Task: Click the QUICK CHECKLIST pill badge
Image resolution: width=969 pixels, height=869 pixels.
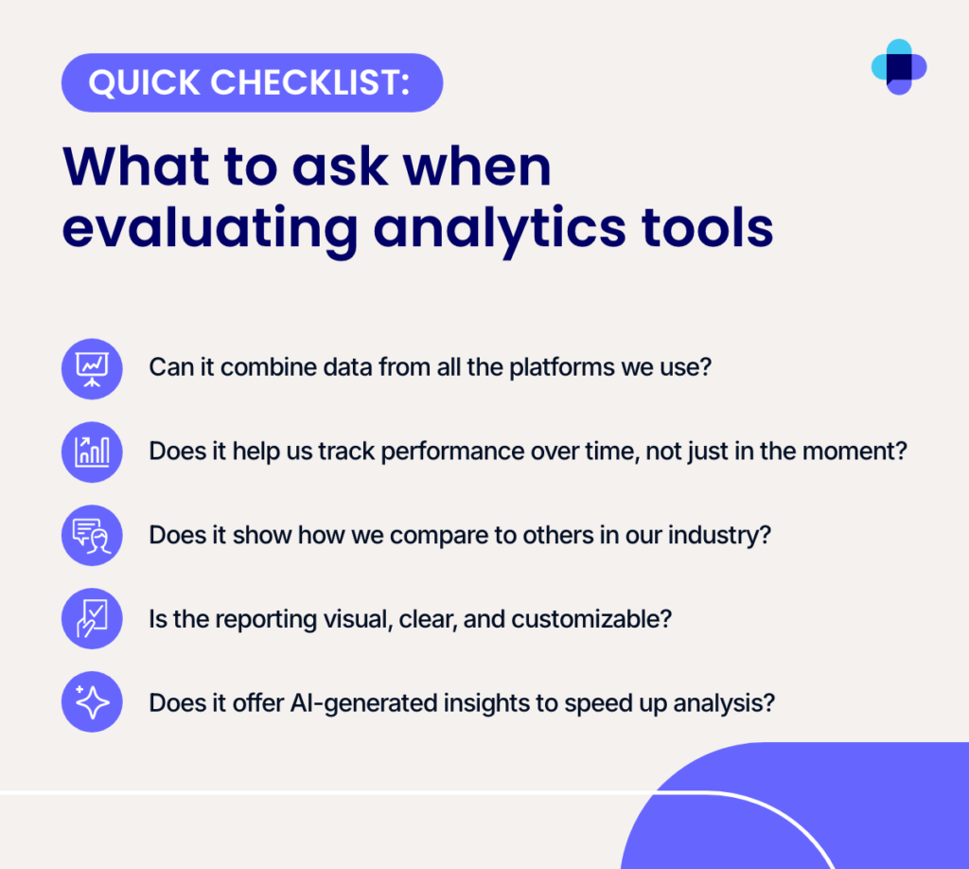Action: (252, 82)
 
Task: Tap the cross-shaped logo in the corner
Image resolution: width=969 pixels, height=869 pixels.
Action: (899, 67)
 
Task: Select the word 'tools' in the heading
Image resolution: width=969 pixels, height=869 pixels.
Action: (707, 226)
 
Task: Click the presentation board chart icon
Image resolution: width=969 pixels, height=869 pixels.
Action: (92, 369)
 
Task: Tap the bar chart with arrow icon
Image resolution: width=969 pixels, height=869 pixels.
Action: (92, 452)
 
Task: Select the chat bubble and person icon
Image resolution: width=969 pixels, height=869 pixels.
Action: (92, 535)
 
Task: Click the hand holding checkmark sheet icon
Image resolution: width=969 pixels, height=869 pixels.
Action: (92, 618)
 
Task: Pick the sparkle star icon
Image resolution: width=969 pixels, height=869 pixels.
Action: (92, 701)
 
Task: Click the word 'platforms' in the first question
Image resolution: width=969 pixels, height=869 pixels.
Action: (562, 367)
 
